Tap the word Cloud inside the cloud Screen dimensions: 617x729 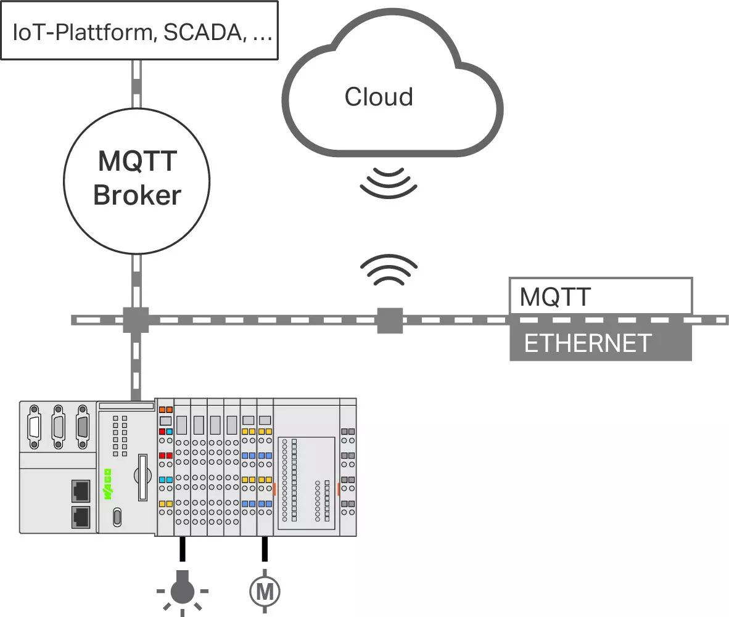[378, 97]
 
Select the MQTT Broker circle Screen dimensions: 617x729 [137, 179]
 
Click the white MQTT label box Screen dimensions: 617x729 [600, 296]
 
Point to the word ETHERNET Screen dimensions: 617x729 [588, 343]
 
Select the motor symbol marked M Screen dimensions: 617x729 [265, 591]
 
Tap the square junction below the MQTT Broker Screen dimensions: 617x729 [136, 320]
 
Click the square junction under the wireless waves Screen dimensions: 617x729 [390, 321]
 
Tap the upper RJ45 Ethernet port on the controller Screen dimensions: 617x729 [81, 490]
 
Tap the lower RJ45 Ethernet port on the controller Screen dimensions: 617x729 [81, 517]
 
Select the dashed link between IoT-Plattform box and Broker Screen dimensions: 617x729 [136, 84]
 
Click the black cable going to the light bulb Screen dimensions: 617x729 [183, 549]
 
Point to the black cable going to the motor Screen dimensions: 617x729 [265, 549]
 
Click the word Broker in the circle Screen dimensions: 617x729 [137, 195]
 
